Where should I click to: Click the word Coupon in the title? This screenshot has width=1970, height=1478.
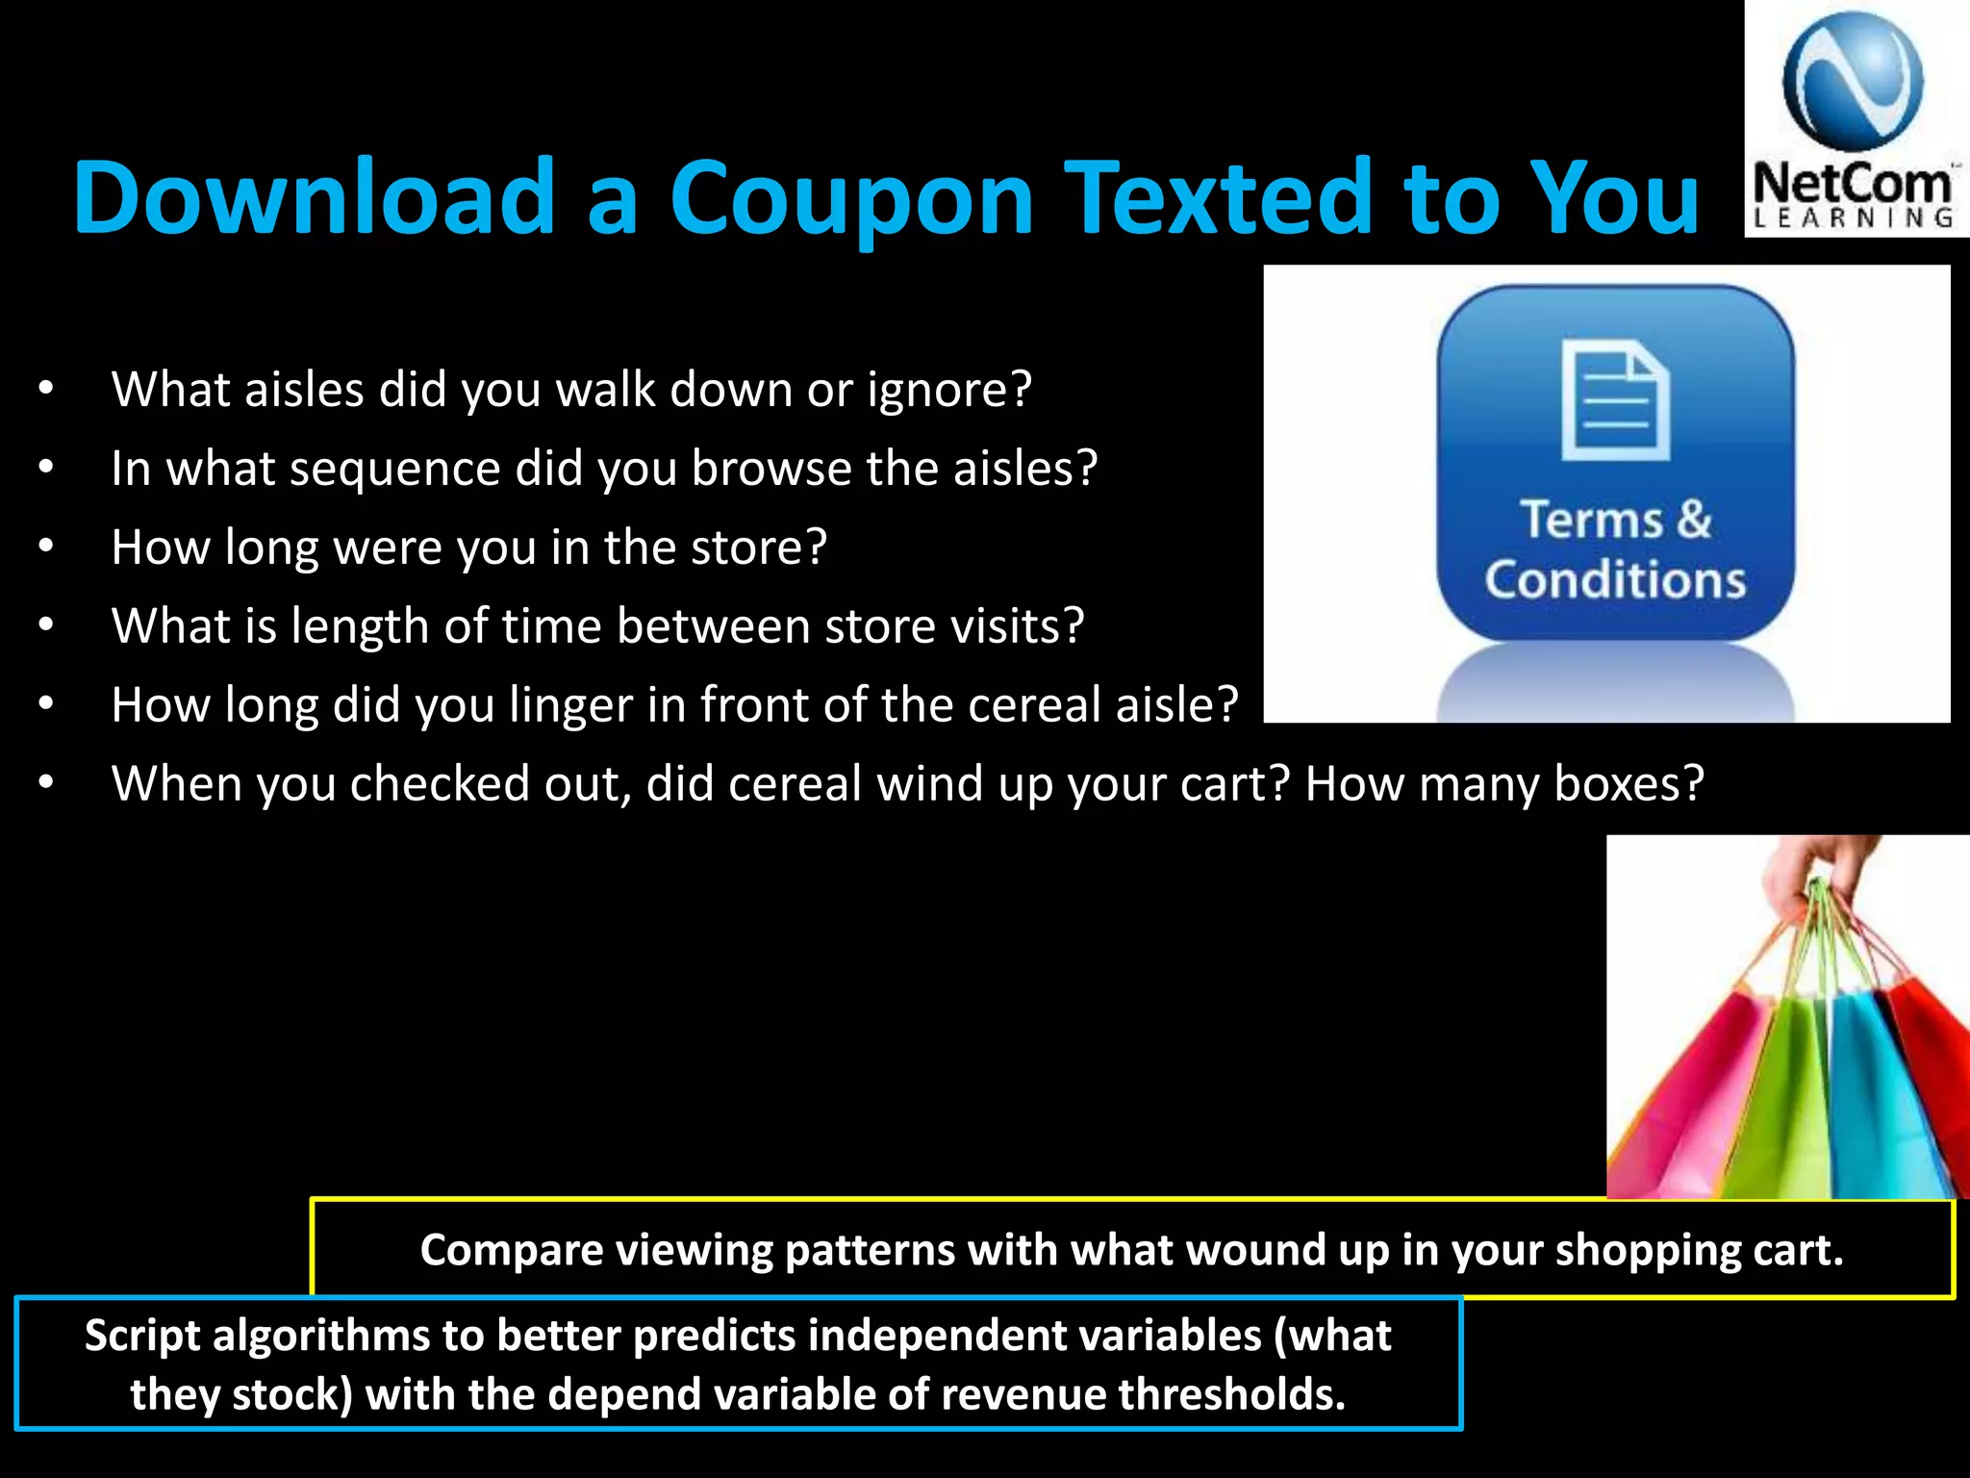[x=851, y=198]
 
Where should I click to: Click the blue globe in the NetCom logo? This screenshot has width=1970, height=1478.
[x=1852, y=81]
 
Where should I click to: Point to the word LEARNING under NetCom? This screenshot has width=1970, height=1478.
[x=1853, y=218]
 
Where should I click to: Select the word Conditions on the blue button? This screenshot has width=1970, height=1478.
[x=1615, y=580]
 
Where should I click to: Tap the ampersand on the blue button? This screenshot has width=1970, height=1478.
[x=1694, y=520]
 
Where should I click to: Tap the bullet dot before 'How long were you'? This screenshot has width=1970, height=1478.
[x=46, y=548]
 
